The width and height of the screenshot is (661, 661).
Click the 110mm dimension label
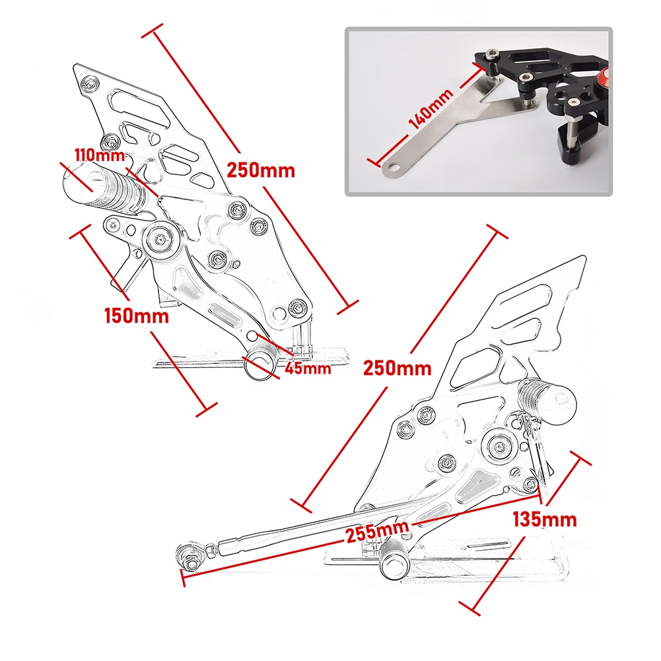[99, 156]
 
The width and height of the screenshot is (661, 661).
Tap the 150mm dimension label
[137, 315]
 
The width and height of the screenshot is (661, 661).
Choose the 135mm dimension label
[545, 519]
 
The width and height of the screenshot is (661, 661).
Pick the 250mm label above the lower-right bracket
[397, 368]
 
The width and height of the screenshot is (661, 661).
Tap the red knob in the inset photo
[604, 78]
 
